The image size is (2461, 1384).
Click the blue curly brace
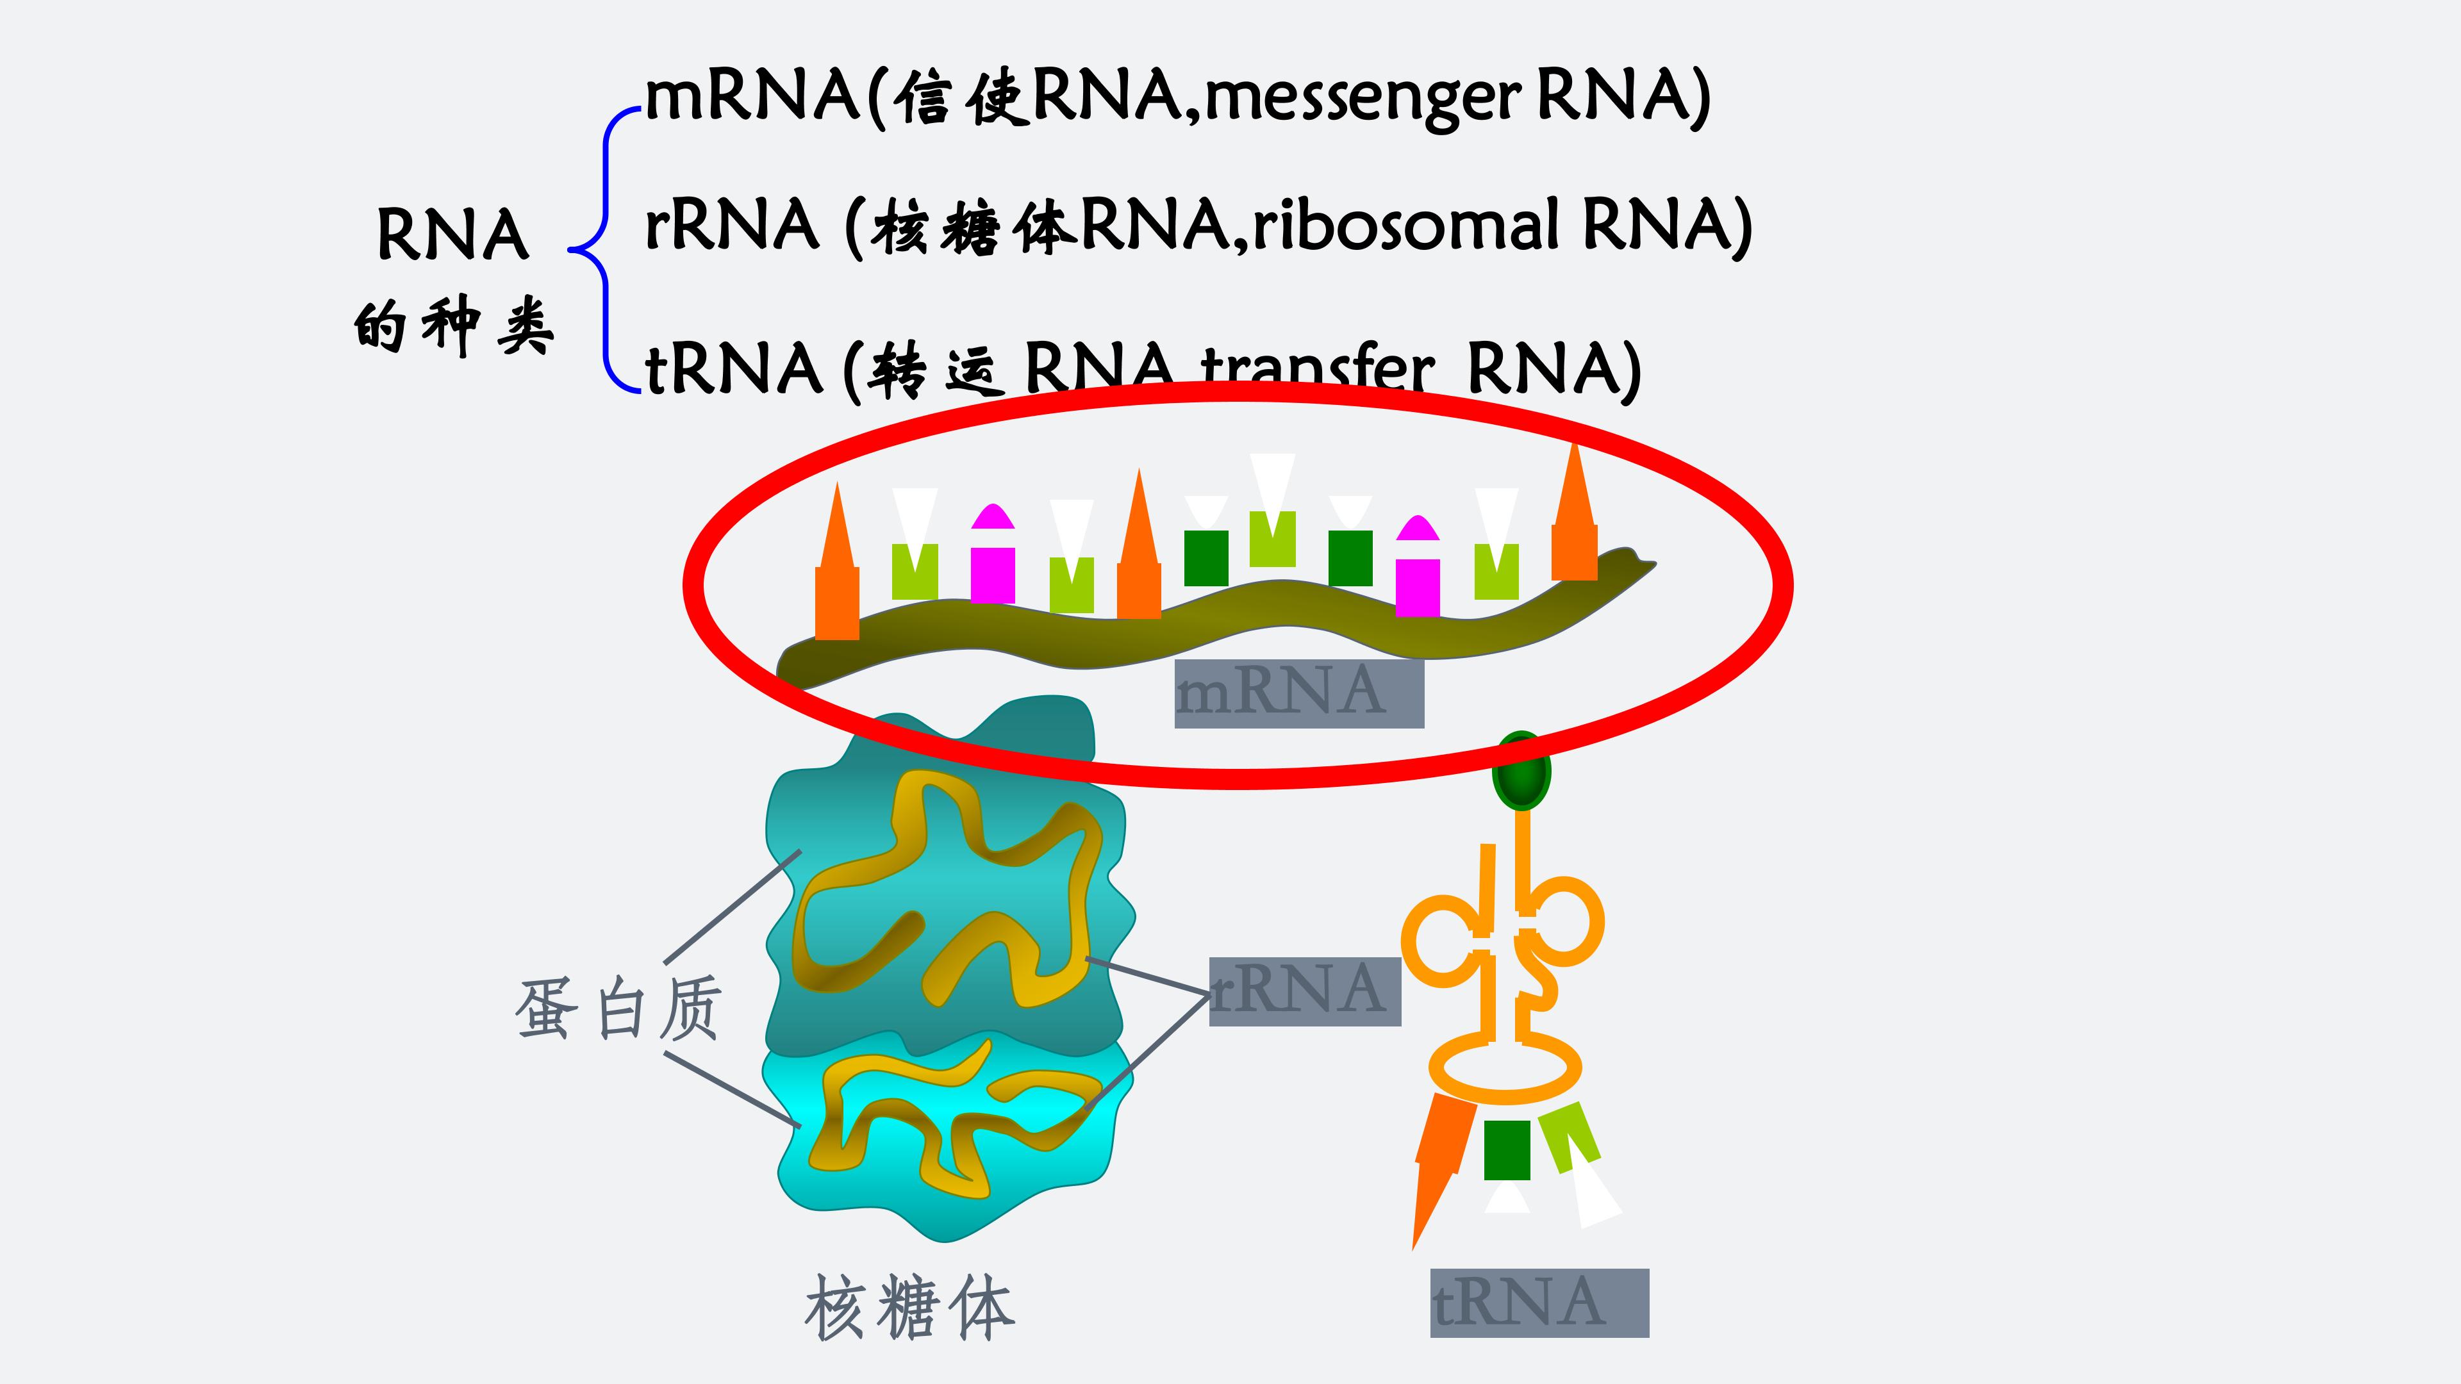click(602, 251)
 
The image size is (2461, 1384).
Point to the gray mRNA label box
click(1298, 693)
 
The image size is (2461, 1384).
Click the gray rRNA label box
click(1304, 991)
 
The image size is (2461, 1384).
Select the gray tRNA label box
click(1538, 1302)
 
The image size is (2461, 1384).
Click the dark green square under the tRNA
click(1507, 1150)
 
